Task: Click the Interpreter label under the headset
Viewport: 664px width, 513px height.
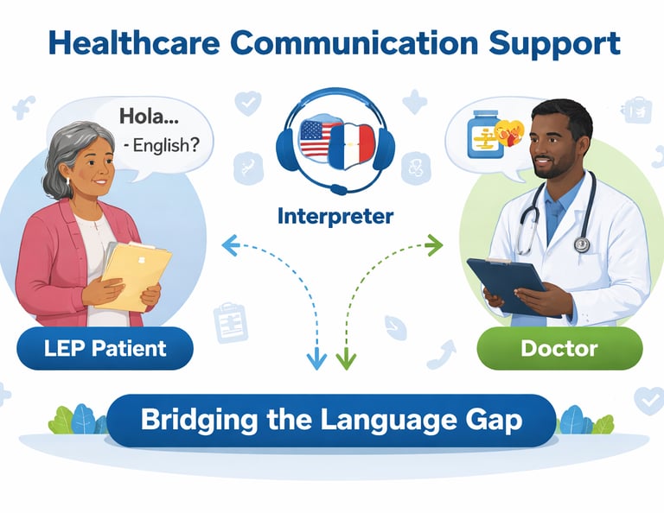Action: pyautogui.click(x=335, y=215)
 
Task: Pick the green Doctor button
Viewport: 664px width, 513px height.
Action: pyautogui.click(x=559, y=349)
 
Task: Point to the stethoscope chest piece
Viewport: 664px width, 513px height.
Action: pyautogui.click(x=581, y=245)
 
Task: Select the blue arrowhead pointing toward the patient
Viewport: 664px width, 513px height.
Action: pyautogui.click(x=228, y=245)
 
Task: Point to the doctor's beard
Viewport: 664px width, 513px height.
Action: pyautogui.click(x=547, y=169)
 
